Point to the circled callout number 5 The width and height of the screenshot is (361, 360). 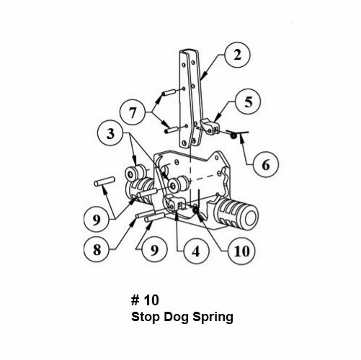tap(249, 102)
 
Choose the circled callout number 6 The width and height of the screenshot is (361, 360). tap(267, 165)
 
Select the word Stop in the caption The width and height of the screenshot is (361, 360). tap(146, 315)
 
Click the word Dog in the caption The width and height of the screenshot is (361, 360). tap(177, 315)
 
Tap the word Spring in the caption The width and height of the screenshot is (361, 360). tap(213, 316)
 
